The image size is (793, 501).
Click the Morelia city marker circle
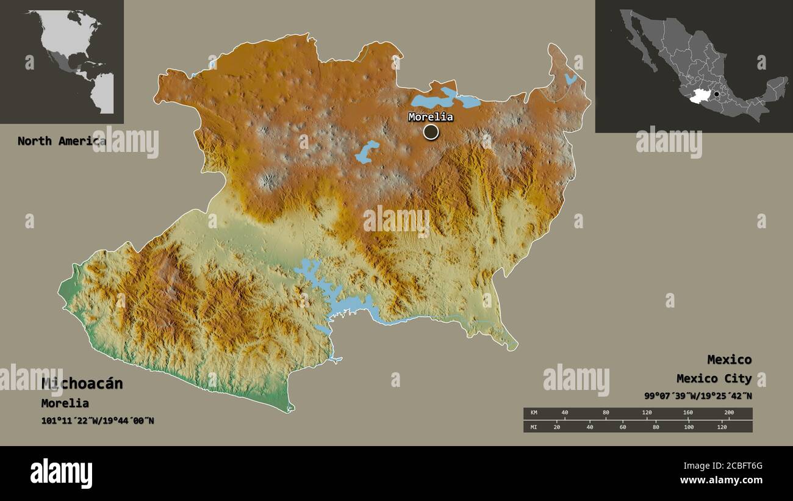(x=431, y=132)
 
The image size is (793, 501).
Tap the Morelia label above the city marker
(x=431, y=117)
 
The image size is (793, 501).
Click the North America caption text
(x=61, y=141)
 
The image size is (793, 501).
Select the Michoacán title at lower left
(x=82, y=384)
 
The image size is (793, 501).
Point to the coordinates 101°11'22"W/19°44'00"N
(x=98, y=420)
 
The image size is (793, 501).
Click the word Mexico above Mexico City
(x=729, y=359)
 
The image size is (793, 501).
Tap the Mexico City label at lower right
(x=714, y=379)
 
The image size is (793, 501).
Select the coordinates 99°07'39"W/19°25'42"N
(x=698, y=395)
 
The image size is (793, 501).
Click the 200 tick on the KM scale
(x=728, y=413)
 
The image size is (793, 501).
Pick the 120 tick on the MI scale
(x=722, y=427)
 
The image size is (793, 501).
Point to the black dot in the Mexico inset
(x=717, y=94)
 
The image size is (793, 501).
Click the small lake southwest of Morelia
(x=367, y=152)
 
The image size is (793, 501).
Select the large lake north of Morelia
(x=439, y=98)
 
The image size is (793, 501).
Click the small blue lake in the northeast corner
(x=570, y=79)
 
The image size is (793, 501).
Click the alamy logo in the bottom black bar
(x=62, y=474)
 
